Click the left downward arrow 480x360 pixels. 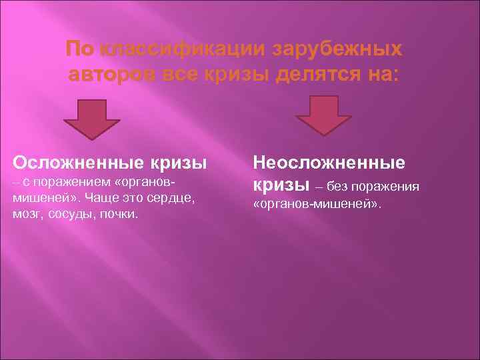coord(91,118)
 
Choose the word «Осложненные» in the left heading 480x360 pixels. coord(73,163)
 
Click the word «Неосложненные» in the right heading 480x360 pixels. coord(329,162)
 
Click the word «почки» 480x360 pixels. coord(121,215)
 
